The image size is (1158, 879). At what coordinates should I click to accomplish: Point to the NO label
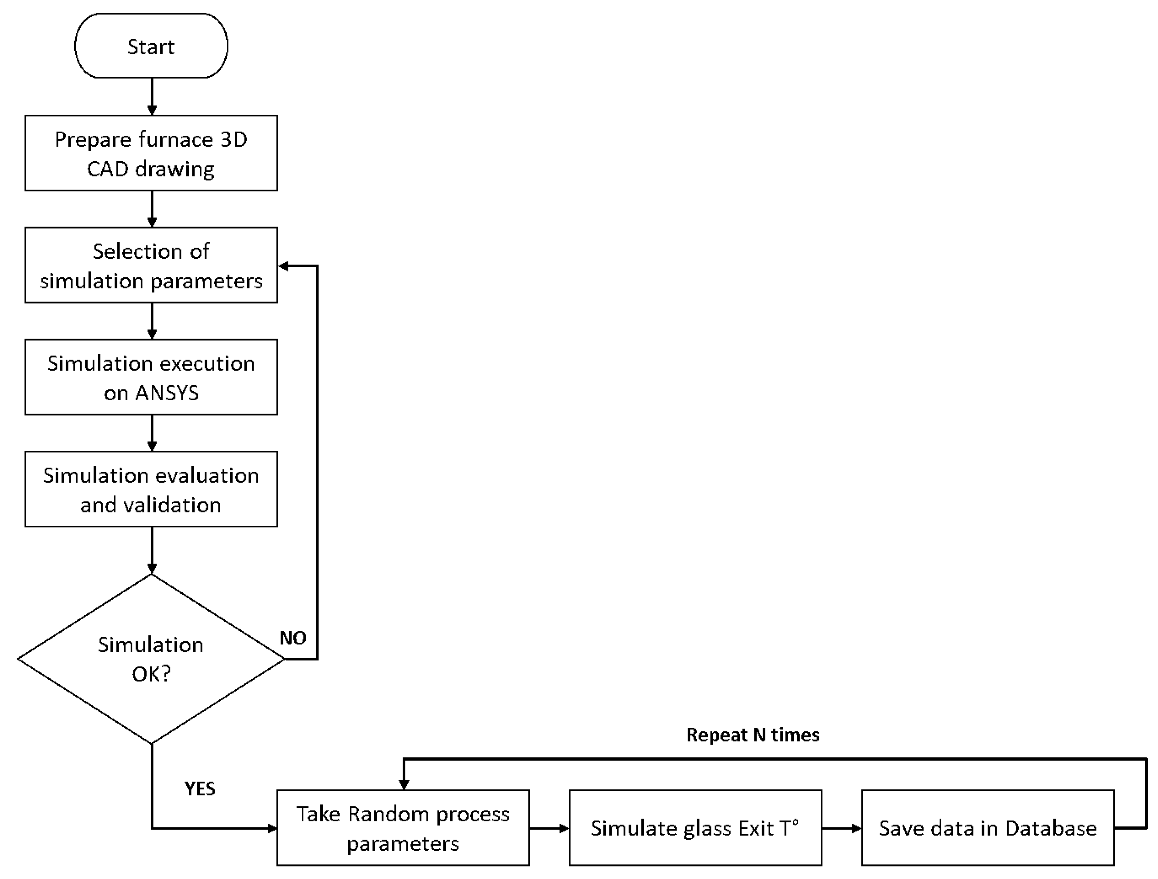[293, 638]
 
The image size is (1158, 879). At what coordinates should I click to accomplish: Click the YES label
[199, 789]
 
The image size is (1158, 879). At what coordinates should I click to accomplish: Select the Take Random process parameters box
[403, 828]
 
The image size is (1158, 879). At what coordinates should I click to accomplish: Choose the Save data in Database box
[987, 828]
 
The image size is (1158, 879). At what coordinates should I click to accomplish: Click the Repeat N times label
[752, 735]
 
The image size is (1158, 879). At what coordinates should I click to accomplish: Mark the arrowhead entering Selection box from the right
[283, 266]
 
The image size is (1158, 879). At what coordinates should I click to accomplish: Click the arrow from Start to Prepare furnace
[152, 97]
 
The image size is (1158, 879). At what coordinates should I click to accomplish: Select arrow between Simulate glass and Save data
[841, 828]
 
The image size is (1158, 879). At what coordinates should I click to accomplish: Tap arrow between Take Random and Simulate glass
[549, 828]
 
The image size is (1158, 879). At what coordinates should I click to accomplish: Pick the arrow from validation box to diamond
[152, 550]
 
